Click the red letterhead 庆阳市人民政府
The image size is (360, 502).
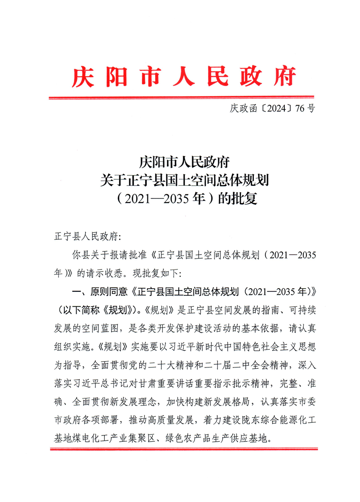pyautogui.click(x=184, y=77)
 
